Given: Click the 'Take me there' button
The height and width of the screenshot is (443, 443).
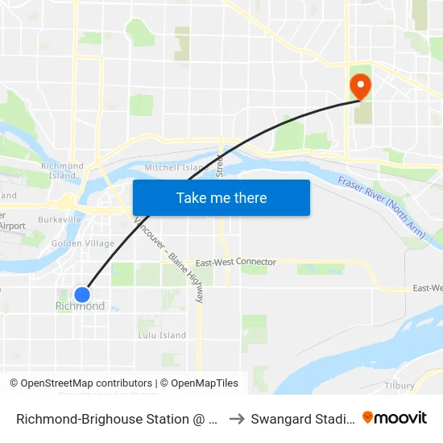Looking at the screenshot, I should [x=221, y=197].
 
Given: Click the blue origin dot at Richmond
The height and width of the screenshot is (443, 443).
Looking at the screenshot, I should [x=82, y=294].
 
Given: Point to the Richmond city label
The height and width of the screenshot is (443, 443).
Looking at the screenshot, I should [x=80, y=307].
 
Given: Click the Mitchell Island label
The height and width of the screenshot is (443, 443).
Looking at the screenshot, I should [x=176, y=168].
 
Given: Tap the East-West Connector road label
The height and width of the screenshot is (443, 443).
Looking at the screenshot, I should [x=235, y=263].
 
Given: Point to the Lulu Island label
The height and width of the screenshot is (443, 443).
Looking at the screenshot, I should [x=162, y=335].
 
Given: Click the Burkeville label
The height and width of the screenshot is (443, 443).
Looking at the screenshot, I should [x=59, y=219].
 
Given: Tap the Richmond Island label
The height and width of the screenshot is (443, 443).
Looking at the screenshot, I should [x=63, y=171].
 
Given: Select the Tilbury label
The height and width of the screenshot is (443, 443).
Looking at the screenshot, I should [x=400, y=386].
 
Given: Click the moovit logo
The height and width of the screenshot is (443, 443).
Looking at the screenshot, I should [x=395, y=417].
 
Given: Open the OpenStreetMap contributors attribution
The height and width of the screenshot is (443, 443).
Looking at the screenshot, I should [x=81, y=383].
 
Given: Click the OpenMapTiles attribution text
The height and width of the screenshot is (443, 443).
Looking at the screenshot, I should [x=199, y=383].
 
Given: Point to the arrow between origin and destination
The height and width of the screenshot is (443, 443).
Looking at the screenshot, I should [x=237, y=419].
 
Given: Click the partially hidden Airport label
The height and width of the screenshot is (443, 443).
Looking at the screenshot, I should [x=11, y=226].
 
